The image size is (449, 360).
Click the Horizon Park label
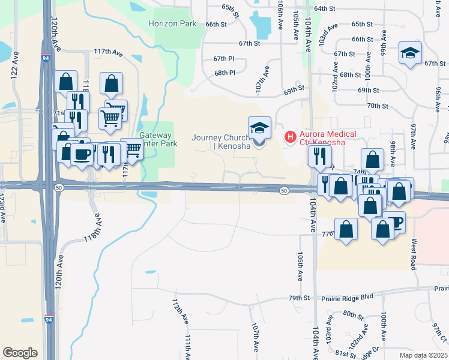click(172, 24)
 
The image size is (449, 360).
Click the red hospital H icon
click(291, 137)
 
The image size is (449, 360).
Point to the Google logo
click(20, 353)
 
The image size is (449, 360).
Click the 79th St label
click(298, 298)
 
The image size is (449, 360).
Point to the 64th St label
click(324, 8)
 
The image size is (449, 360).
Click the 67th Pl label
click(223, 58)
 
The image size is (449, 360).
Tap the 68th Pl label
click(224, 73)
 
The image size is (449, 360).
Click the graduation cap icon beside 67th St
click(411, 53)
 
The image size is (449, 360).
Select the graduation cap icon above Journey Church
click(259, 128)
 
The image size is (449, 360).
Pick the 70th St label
click(377, 106)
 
